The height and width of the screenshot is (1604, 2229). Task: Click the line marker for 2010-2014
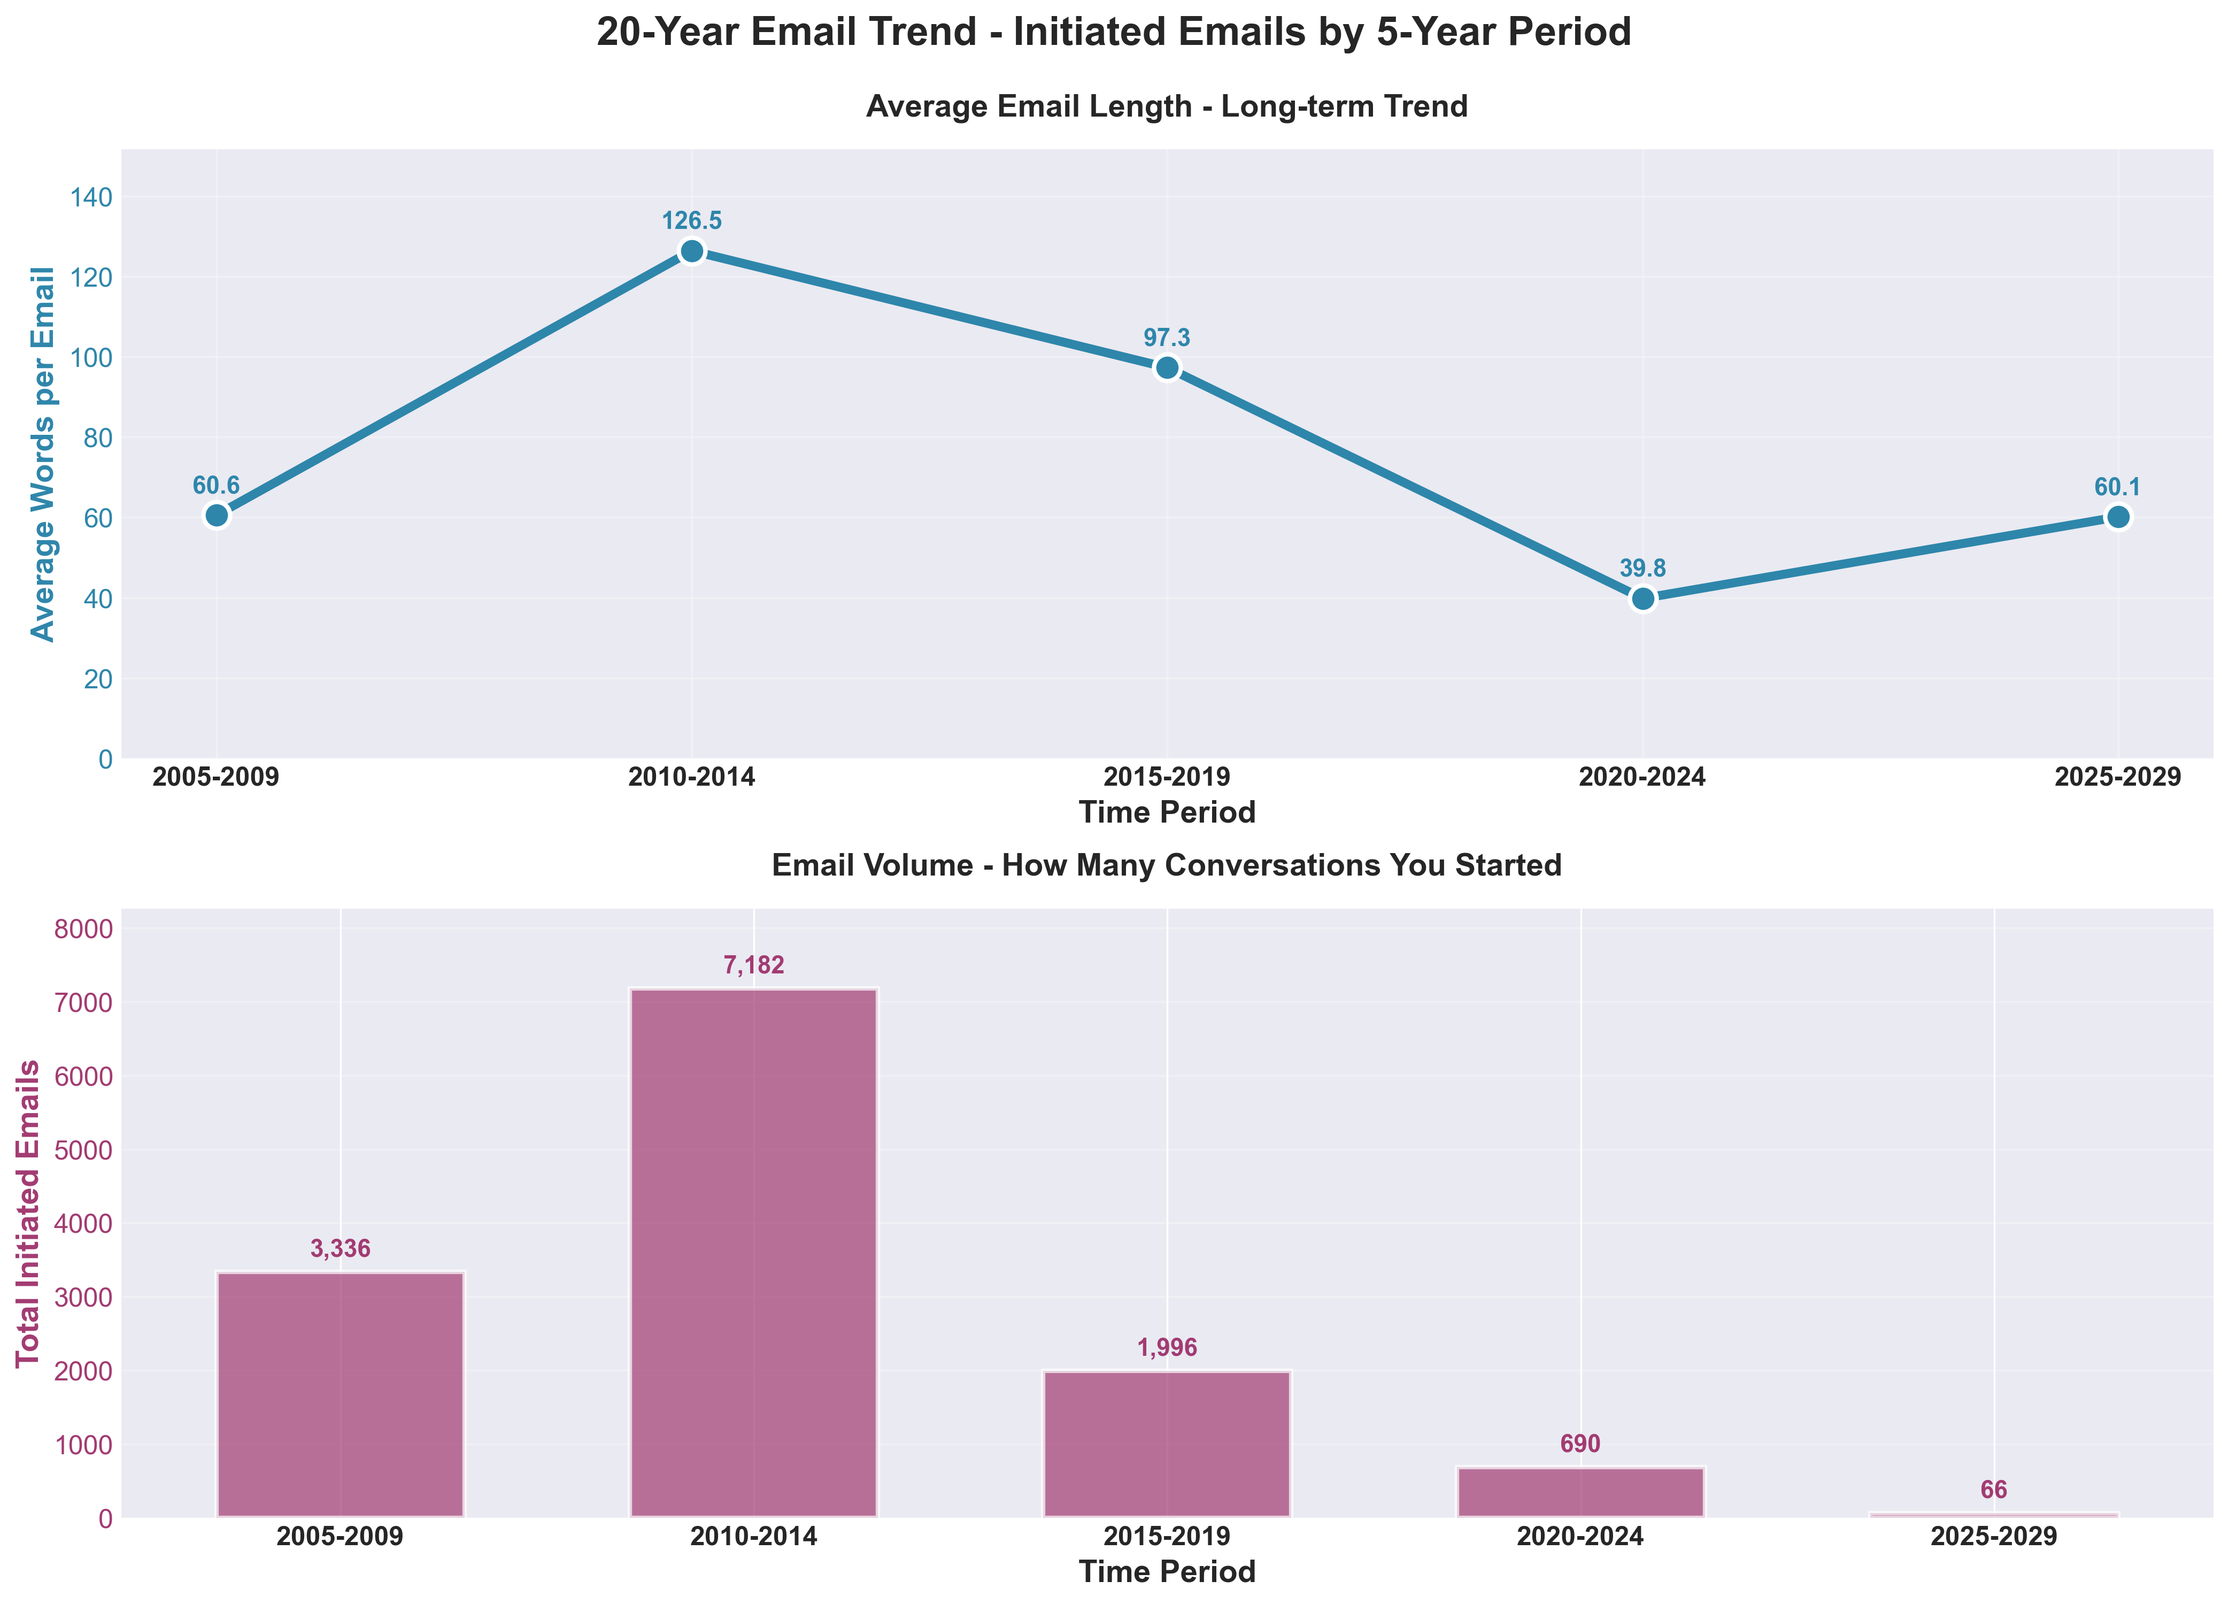(x=692, y=251)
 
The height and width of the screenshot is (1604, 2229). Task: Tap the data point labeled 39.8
(x=1642, y=598)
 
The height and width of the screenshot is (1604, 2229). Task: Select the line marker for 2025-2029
(x=2118, y=517)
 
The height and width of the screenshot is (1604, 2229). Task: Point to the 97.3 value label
(x=1167, y=338)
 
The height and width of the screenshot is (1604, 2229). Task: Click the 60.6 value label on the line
(x=216, y=486)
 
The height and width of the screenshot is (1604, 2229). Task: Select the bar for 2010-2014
(x=754, y=1253)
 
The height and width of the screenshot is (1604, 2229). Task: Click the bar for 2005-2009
(x=340, y=1395)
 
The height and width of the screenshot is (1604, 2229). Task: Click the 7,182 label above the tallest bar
(x=754, y=966)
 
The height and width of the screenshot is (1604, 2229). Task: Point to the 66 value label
(x=1994, y=1490)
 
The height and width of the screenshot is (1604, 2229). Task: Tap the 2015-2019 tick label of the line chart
(x=1167, y=778)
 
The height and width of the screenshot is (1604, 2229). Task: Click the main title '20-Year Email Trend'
(x=1114, y=33)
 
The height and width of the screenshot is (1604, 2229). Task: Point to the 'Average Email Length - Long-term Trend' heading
(x=1167, y=106)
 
